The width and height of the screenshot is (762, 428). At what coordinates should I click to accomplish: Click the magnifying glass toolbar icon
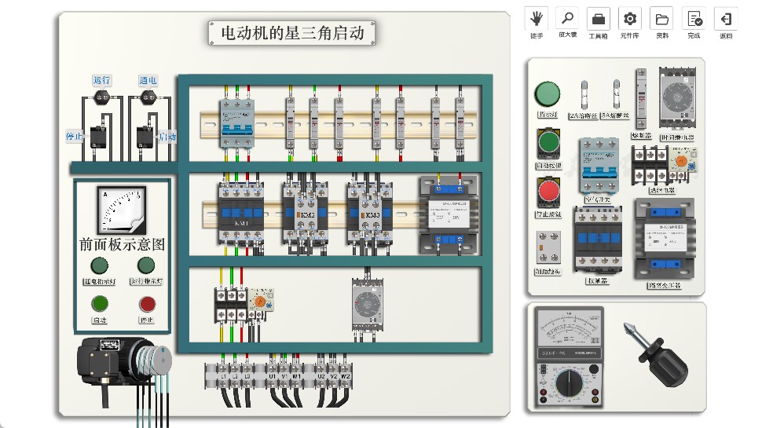click(x=567, y=18)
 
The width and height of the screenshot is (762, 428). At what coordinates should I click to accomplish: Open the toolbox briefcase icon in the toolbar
click(x=599, y=18)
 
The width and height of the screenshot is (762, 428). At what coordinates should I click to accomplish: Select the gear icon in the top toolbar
click(x=630, y=18)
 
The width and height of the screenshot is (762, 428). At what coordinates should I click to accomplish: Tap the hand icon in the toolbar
click(x=537, y=18)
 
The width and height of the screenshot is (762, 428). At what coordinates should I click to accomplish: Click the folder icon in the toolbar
click(x=661, y=18)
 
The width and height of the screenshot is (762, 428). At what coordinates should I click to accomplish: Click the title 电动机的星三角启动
click(x=291, y=33)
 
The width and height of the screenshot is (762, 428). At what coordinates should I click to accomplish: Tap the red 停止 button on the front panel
click(x=147, y=304)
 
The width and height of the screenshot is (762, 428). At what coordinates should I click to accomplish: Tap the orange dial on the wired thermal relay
click(x=259, y=301)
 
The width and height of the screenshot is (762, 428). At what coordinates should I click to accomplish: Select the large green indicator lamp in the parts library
click(x=547, y=94)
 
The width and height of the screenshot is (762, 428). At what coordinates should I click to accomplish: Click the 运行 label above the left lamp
click(x=101, y=80)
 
